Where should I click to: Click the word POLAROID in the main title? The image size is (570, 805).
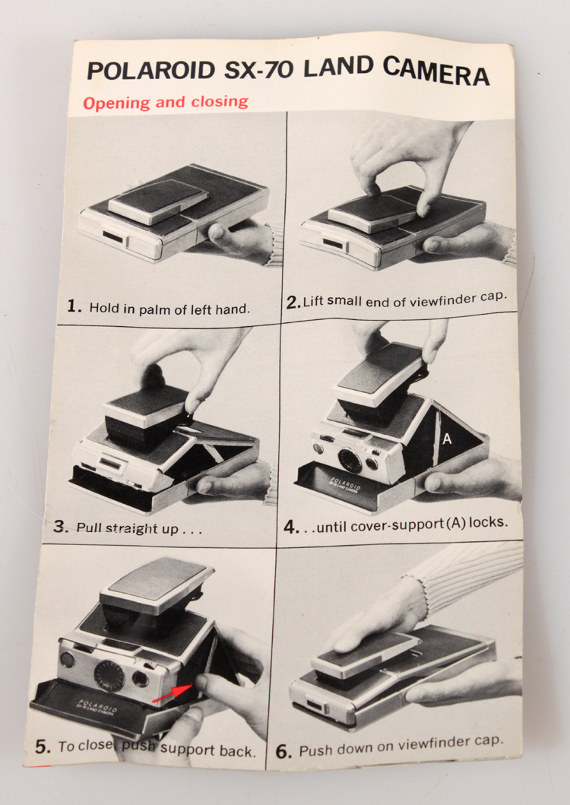coord(150,71)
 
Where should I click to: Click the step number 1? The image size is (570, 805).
coord(74,306)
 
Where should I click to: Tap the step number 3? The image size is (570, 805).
coord(60,527)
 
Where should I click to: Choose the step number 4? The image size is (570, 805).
coord(291,527)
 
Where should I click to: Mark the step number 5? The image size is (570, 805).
coord(43,746)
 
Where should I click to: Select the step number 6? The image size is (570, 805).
coord(283,752)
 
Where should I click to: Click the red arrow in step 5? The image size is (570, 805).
coord(172,693)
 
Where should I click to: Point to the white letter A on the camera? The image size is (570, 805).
coord(447,439)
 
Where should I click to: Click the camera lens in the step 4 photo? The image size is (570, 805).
coord(350,460)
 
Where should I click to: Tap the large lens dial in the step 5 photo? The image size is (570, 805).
coord(109,674)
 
